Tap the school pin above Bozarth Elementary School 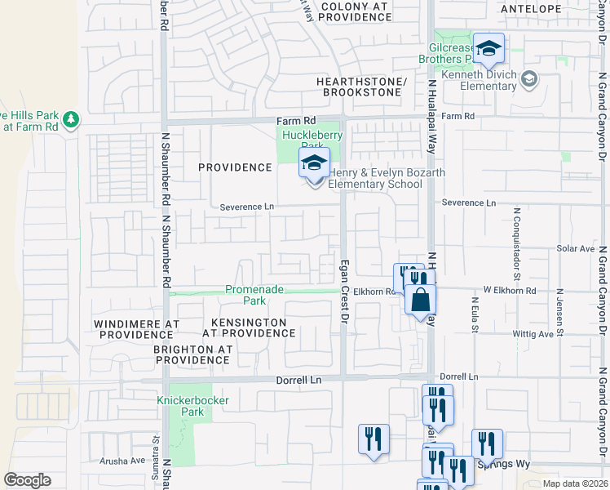pos(314,163)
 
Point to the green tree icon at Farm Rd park pos(72,120)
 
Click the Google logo pos(27,480)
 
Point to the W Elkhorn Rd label pos(510,290)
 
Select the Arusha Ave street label pos(122,461)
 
